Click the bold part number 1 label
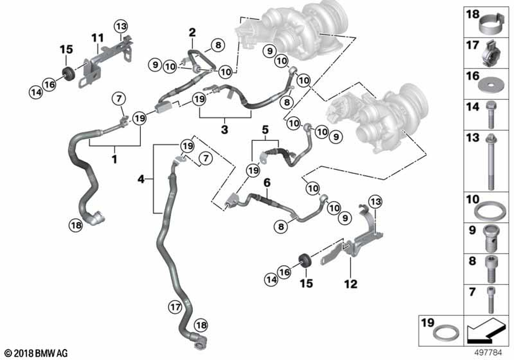[115, 159]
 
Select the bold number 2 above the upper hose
[192, 32]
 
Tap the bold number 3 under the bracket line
[224, 129]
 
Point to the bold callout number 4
[141, 179]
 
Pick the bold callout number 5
[265, 130]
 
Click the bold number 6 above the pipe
[267, 183]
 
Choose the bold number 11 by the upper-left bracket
[97, 38]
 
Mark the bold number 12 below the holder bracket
[351, 283]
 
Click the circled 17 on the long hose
[175, 307]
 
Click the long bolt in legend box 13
[491, 162]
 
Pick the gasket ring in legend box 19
[446, 334]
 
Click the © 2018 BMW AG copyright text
[36, 353]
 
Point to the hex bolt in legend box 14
[491, 115]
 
